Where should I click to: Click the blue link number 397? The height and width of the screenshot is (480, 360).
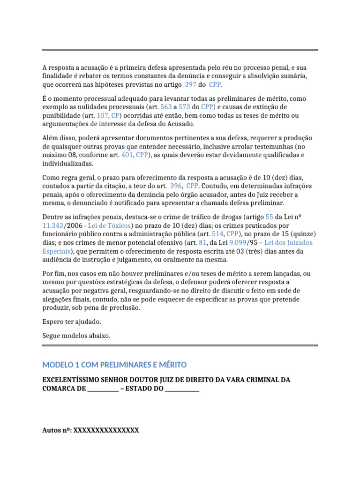click(x=190, y=85)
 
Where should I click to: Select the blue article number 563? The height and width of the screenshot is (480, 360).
click(x=166, y=106)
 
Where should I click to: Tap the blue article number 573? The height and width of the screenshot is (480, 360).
click(x=184, y=106)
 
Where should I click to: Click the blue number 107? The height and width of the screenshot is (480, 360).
click(x=102, y=115)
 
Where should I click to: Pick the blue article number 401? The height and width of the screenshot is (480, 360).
click(x=127, y=155)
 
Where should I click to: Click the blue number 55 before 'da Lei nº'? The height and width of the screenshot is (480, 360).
click(x=269, y=217)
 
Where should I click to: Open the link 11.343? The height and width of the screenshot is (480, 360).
click(x=52, y=225)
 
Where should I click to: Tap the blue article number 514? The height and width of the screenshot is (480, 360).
click(x=217, y=234)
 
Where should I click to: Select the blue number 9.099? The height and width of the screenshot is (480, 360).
click(x=237, y=243)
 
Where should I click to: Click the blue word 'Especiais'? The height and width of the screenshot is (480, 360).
click(x=56, y=251)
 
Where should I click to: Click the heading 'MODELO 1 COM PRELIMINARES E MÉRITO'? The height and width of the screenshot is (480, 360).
click(x=114, y=365)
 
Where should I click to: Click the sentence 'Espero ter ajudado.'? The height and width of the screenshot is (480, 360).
click(x=72, y=322)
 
